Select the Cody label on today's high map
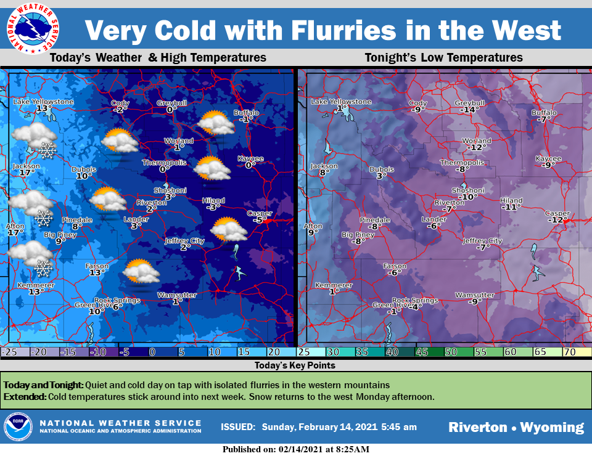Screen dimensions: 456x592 pos(120,102)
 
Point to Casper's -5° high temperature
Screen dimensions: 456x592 pos(260,220)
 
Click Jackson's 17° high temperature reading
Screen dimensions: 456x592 pos(25,173)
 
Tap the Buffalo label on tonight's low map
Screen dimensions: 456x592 pos(544,113)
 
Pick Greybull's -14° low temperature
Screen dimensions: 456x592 pos(470,110)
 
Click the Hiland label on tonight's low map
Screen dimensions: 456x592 pos(511,200)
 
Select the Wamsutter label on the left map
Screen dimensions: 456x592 pos(177,295)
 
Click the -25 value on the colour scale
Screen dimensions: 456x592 pos(9,352)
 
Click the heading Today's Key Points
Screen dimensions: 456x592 pos(295,365)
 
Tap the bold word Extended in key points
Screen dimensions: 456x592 pos(24,396)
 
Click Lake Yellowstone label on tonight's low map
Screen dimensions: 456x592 pos(341,102)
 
